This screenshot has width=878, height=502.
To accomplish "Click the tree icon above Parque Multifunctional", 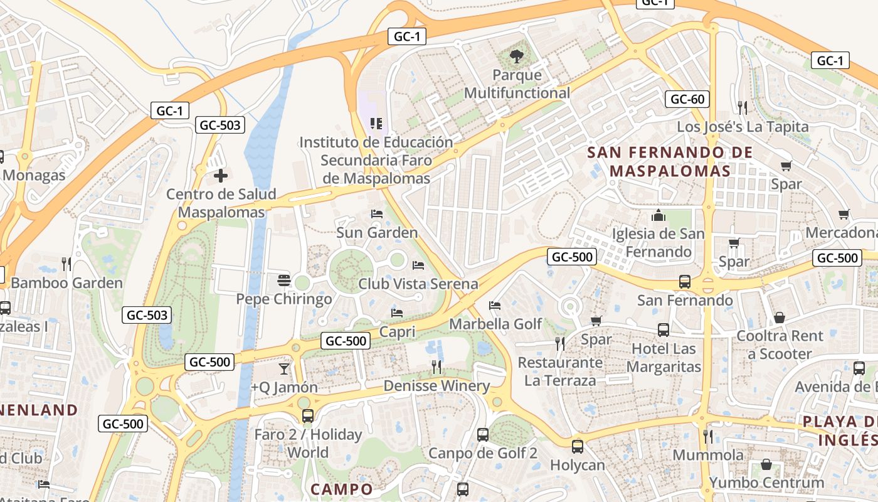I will tap(517, 56).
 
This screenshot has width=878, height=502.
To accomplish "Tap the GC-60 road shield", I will tap(687, 99).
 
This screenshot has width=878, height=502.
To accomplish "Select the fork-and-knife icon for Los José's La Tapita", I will tap(743, 107).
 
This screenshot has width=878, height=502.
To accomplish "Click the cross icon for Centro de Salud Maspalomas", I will tap(221, 176).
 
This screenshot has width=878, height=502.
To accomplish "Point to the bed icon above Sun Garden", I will tap(376, 214).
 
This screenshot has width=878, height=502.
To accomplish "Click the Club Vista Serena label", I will tap(418, 284).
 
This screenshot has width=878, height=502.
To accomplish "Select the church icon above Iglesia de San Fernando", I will tap(658, 215).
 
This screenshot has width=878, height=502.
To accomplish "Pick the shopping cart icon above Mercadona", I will tap(844, 214).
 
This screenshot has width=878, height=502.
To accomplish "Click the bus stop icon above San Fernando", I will tap(685, 282).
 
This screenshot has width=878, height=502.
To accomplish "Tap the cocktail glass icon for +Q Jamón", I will tap(284, 368).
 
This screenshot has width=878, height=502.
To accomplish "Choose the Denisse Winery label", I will tap(436, 385).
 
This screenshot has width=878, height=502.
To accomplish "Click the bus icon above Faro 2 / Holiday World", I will tap(307, 415).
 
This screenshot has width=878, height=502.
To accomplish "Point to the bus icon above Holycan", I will tap(577, 446).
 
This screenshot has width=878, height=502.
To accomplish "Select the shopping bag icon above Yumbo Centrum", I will tap(766, 464).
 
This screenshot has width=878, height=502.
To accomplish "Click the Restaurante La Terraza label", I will tap(559, 371).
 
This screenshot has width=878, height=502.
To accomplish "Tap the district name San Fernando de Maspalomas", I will tap(670, 161).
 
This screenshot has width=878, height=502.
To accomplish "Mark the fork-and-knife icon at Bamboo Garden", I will tap(66, 264).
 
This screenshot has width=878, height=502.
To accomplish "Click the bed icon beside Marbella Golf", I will tap(495, 306).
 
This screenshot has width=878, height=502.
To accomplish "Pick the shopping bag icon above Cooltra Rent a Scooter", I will tap(779, 318).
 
